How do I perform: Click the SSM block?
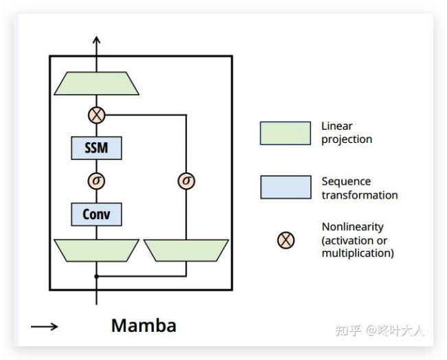pyautogui.click(x=96, y=147)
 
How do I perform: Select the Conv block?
pyautogui.click(x=96, y=214)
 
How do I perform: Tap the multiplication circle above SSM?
pyautogui.click(x=96, y=115)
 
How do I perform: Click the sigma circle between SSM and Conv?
pyautogui.click(x=96, y=181)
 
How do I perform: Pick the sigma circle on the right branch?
pyautogui.click(x=186, y=181)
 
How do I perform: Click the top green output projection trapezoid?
pyautogui.click(x=97, y=84)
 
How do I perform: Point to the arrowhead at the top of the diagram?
pyautogui.click(x=96, y=41)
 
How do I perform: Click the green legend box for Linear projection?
pyautogui.click(x=285, y=133)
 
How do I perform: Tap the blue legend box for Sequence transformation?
pyautogui.click(x=285, y=187)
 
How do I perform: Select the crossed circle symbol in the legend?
pyautogui.click(x=286, y=240)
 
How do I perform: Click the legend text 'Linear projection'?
pyautogui.click(x=347, y=133)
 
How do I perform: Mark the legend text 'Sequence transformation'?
pyautogui.click(x=359, y=188)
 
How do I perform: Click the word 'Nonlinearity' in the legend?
pyautogui.click(x=352, y=227)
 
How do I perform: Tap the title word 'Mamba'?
pyautogui.click(x=144, y=325)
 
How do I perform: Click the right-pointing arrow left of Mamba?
pyautogui.click(x=45, y=326)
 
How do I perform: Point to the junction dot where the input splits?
pyautogui.click(x=96, y=276)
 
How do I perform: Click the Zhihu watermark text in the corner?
pyautogui.click(x=379, y=330)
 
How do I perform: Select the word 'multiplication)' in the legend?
pyautogui.click(x=358, y=253)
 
